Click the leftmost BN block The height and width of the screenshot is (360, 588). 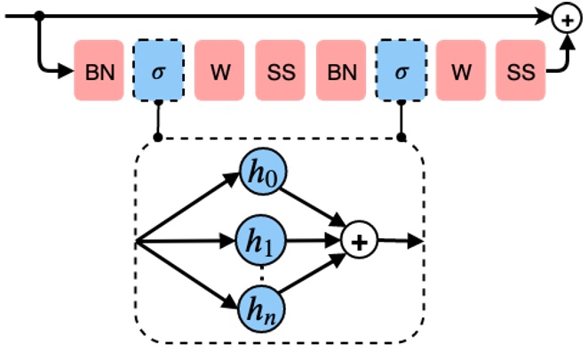click(x=99, y=72)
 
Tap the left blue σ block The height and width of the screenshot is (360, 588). click(x=159, y=72)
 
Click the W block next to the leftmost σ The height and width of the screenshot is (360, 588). click(x=219, y=72)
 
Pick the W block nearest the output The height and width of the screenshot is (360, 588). click(x=460, y=72)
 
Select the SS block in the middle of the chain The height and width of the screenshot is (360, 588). click(x=280, y=72)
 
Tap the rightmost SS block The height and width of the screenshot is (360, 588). click(x=520, y=72)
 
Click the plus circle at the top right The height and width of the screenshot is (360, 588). click(x=566, y=17)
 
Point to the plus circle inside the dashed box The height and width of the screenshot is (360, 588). click(x=360, y=241)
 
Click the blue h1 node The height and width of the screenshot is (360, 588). click(x=260, y=241)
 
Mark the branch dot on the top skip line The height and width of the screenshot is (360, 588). click(x=39, y=17)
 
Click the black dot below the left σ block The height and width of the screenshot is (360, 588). click(x=159, y=138)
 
